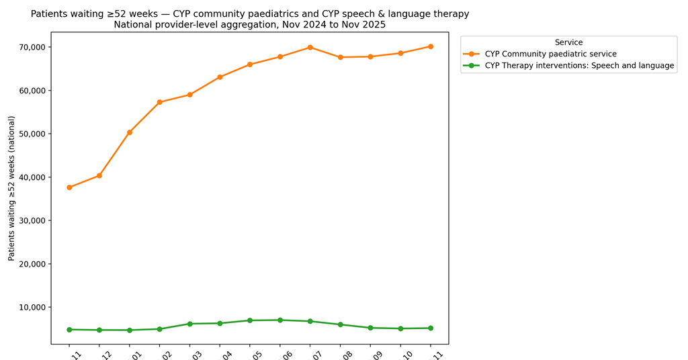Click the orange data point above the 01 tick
click(x=130, y=132)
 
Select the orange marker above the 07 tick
click(x=310, y=47)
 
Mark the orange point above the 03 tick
click(x=190, y=95)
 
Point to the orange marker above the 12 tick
click(x=99, y=175)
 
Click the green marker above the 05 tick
click(x=250, y=320)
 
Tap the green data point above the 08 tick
click(x=341, y=324)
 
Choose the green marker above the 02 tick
click(x=160, y=329)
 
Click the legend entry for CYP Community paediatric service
click(x=550, y=54)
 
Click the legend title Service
click(x=568, y=42)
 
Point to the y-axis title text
click(x=11, y=188)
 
